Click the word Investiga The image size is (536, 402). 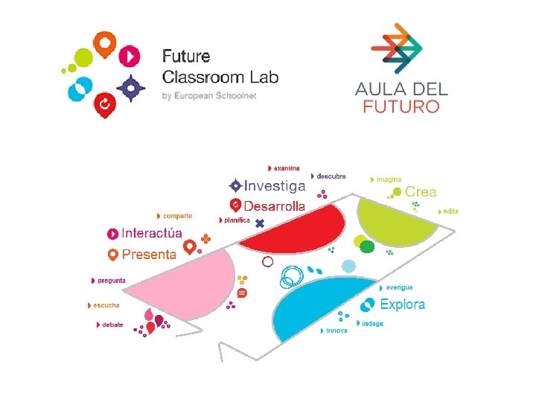pyautogui.click(x=275, y=185)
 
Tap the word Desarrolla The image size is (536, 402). pyautogui.click(x=274, y=205)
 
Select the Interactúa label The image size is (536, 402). pyautogui.click(x=152, y=233)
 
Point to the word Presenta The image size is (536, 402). pyautogui.click(x=149, y=254)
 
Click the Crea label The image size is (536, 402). pyautogui.click(x=421, y=192)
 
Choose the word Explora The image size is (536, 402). pyautogui.click(x=402, y=304)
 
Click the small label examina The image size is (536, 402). pyautogui.click(x=287, y=168)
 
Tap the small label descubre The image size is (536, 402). pyautogui.click(x=331, y=176)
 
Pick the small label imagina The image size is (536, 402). pyautogui.click(x=389, y=179)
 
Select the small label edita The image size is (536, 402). pyautogui.click(x=450, y=211)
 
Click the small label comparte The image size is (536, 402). pyautogui.click(x=177, y=216)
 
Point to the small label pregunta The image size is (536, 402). pyautogui.click(x=112, y=281)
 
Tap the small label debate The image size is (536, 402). pyautogui.click(x=112, y=325)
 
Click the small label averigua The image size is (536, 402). pyautogui.click(x=399, y=287)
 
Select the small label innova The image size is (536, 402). pyautogui.click(x=336, y=330)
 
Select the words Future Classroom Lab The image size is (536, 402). pyautogui.click(x=220, y=66)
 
